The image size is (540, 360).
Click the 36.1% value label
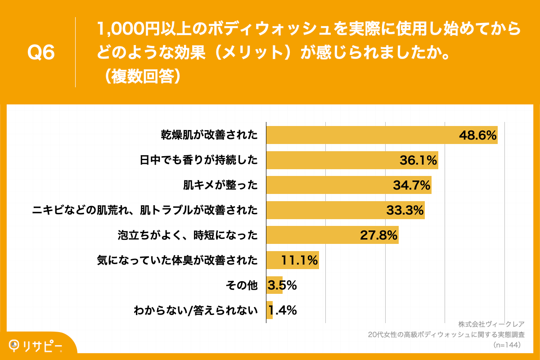pos(418,160)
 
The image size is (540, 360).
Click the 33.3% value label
pos(405,210)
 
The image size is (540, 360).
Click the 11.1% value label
pos(300,260)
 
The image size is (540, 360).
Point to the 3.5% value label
pos(282,285)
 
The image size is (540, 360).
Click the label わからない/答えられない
pos(196,310)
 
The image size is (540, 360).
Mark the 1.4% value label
pos(282,310)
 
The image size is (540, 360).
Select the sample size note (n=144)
pos(507,345)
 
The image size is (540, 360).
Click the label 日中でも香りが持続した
pos(198,160)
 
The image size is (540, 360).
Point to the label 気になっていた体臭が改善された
pos(177,260)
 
